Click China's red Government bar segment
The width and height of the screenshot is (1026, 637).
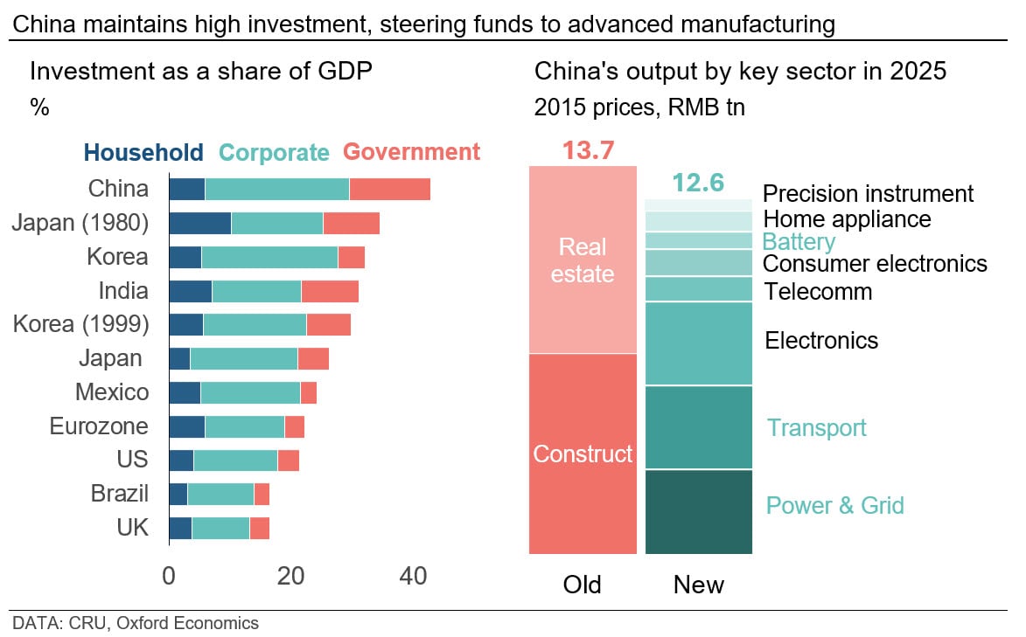pos(389,189)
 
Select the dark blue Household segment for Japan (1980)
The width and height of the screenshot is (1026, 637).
pos(199,223)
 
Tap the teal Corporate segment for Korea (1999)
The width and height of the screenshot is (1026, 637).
pos(255,324)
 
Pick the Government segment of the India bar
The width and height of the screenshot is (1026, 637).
pos(330,291)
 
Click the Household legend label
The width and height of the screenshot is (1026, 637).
pos(143,152)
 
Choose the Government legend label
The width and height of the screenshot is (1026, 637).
pos(411,152)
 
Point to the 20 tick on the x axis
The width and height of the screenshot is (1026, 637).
pos(290,577)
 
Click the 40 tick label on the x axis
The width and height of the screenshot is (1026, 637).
pos(413,577)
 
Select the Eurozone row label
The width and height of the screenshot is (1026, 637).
pos(99,426)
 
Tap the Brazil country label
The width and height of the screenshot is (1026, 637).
pos(120,494)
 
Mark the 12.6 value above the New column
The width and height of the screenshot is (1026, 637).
pos(698,183)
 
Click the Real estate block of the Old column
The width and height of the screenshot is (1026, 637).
pos(583,260)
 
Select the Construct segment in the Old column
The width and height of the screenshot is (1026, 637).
pos(583,454)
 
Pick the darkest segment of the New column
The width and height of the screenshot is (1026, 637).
pos(698,511)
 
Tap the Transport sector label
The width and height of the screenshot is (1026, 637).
pos(816,427)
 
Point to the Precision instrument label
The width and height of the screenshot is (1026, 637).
pos(868,193)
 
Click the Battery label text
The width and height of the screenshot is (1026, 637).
pos(799,241)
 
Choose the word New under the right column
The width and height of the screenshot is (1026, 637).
pos(698,585)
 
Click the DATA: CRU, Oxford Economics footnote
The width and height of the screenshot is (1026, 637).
pos(136,623)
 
